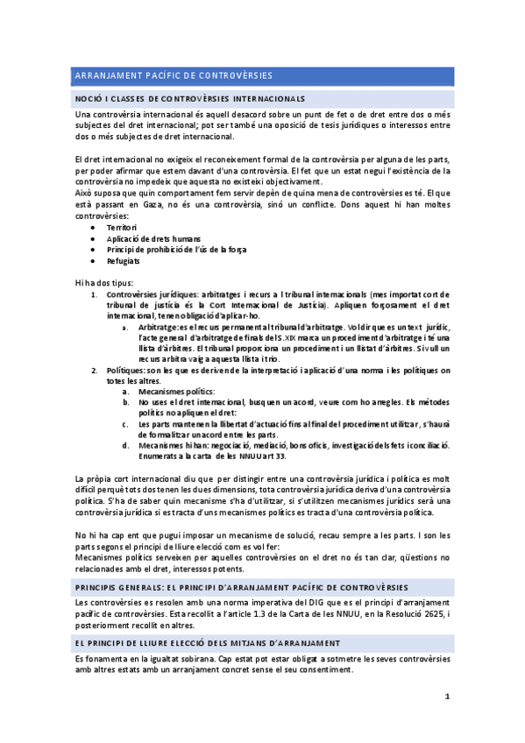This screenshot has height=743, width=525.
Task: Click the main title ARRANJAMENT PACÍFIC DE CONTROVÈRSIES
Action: pos(174,75)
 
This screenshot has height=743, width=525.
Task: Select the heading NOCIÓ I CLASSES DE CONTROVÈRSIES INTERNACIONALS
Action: pos(191,98)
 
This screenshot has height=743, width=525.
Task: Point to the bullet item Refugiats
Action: pos(123,260)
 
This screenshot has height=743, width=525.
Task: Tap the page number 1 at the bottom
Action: pos(447,697)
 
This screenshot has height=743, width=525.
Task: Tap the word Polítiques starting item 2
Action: pos(129,370)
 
